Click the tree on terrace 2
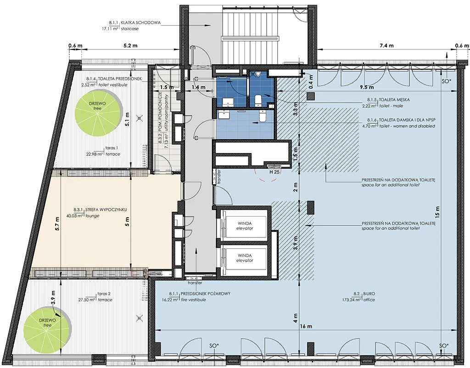(47, 323)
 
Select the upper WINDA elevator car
(245, 225)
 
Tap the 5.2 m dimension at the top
(130, 45)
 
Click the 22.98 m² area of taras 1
(95, 154)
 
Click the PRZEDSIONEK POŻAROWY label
(205, 293)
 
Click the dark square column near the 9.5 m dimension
(310, 96)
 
